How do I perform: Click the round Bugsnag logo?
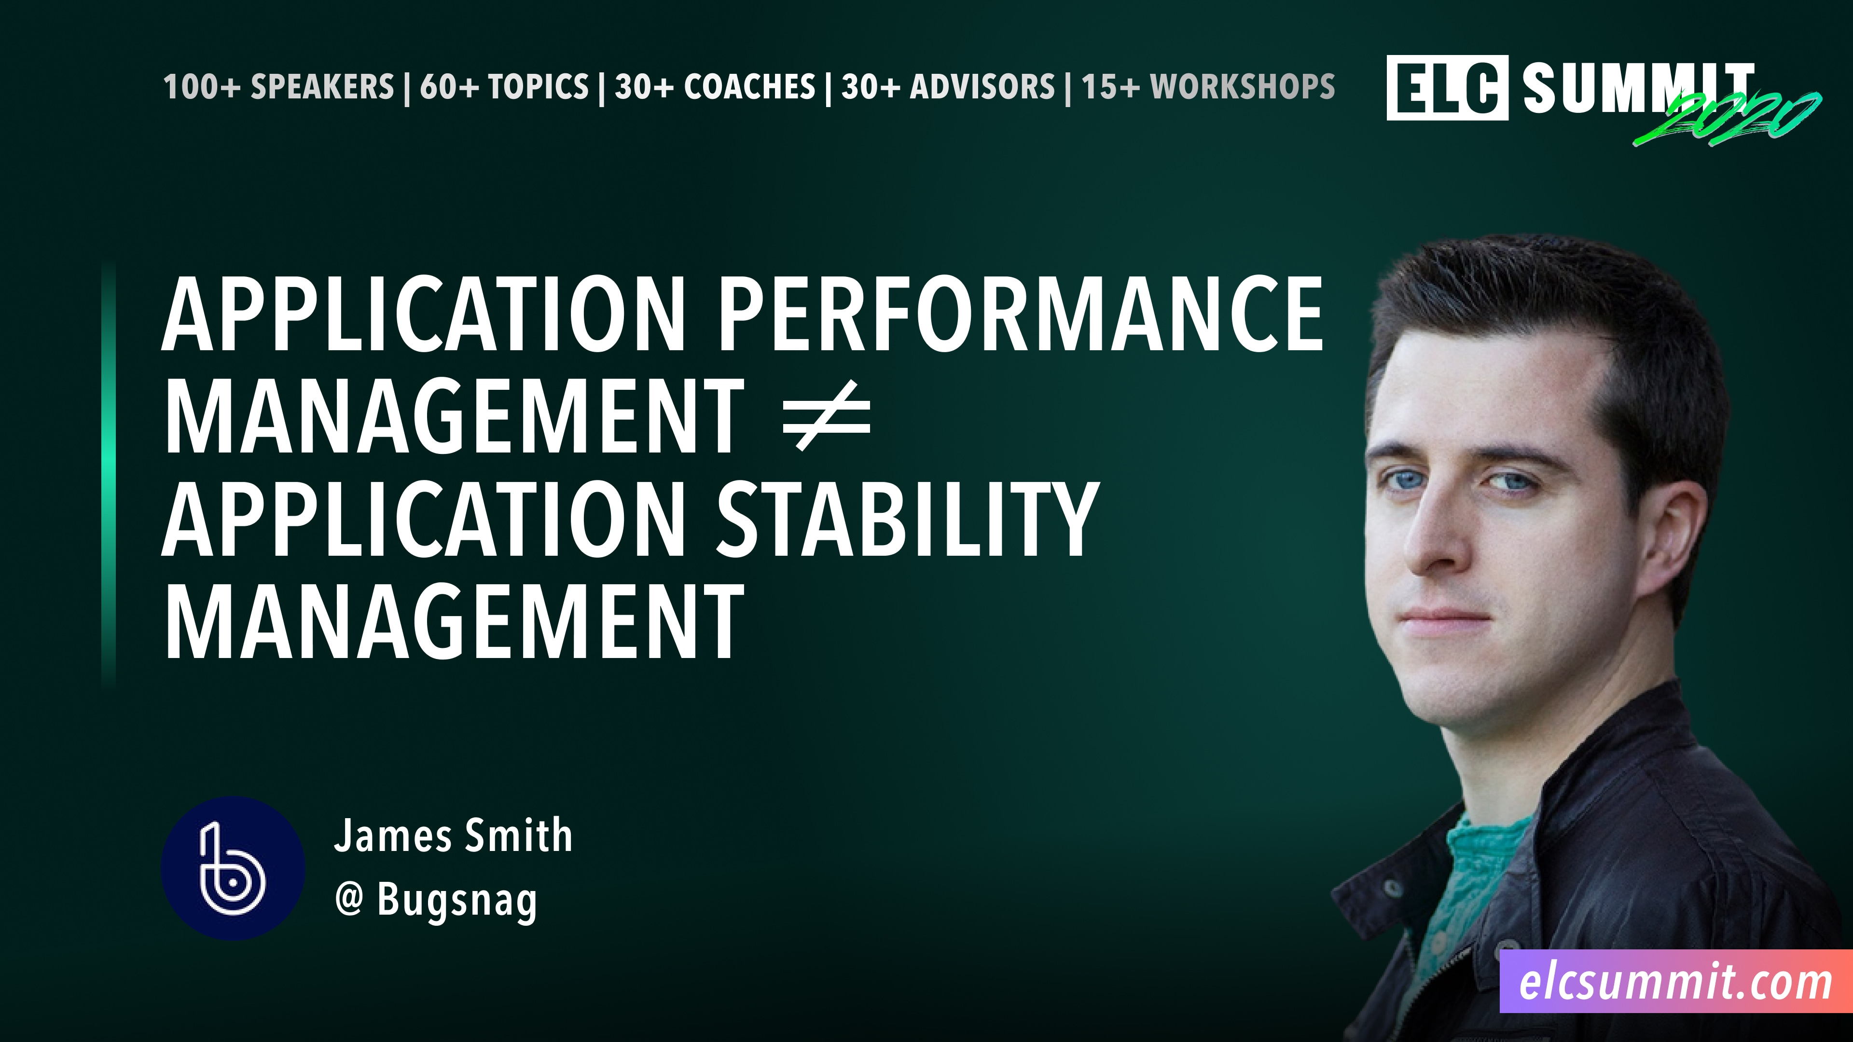pos(232,867)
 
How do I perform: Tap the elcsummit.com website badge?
pos(1675,982)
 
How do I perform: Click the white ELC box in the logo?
pos(1447,88)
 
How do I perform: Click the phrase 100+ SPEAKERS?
pos(278,87)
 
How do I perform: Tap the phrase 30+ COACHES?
pos(715,87)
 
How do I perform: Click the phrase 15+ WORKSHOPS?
pos(1208,87)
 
